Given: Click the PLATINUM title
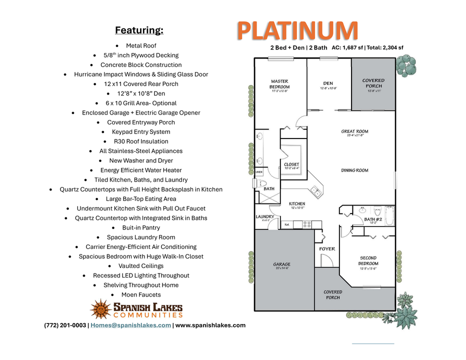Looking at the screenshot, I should tap(297, 30).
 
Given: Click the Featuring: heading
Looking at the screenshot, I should tap(139, 30).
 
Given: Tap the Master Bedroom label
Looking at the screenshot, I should tap(279, 84).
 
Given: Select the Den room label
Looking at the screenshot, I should tap(328, 83).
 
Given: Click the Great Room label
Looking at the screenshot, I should tap(354, 132).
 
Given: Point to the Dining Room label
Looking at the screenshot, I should tap(354, 170).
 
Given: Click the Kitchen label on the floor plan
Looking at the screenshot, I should tap(297, 204).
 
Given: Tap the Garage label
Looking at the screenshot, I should tap(281, 264).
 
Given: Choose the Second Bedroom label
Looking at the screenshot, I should tap(368, 261).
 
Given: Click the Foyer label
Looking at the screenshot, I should tap(327, 249).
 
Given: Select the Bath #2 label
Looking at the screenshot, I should tap(373, 219).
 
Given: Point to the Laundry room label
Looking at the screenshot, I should tap(265, 217).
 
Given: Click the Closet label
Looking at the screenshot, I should tap(291, 164).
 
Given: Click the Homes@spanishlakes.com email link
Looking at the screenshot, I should tap(130, 325).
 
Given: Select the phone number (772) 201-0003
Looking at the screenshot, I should tap(65, 325).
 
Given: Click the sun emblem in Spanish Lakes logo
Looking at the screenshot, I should tap(100, 309).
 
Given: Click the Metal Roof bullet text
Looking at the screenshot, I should tap(141, 45).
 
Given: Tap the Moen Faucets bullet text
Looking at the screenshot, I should tap(141, 294).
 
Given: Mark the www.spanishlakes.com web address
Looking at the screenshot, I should tap(210, 325).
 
